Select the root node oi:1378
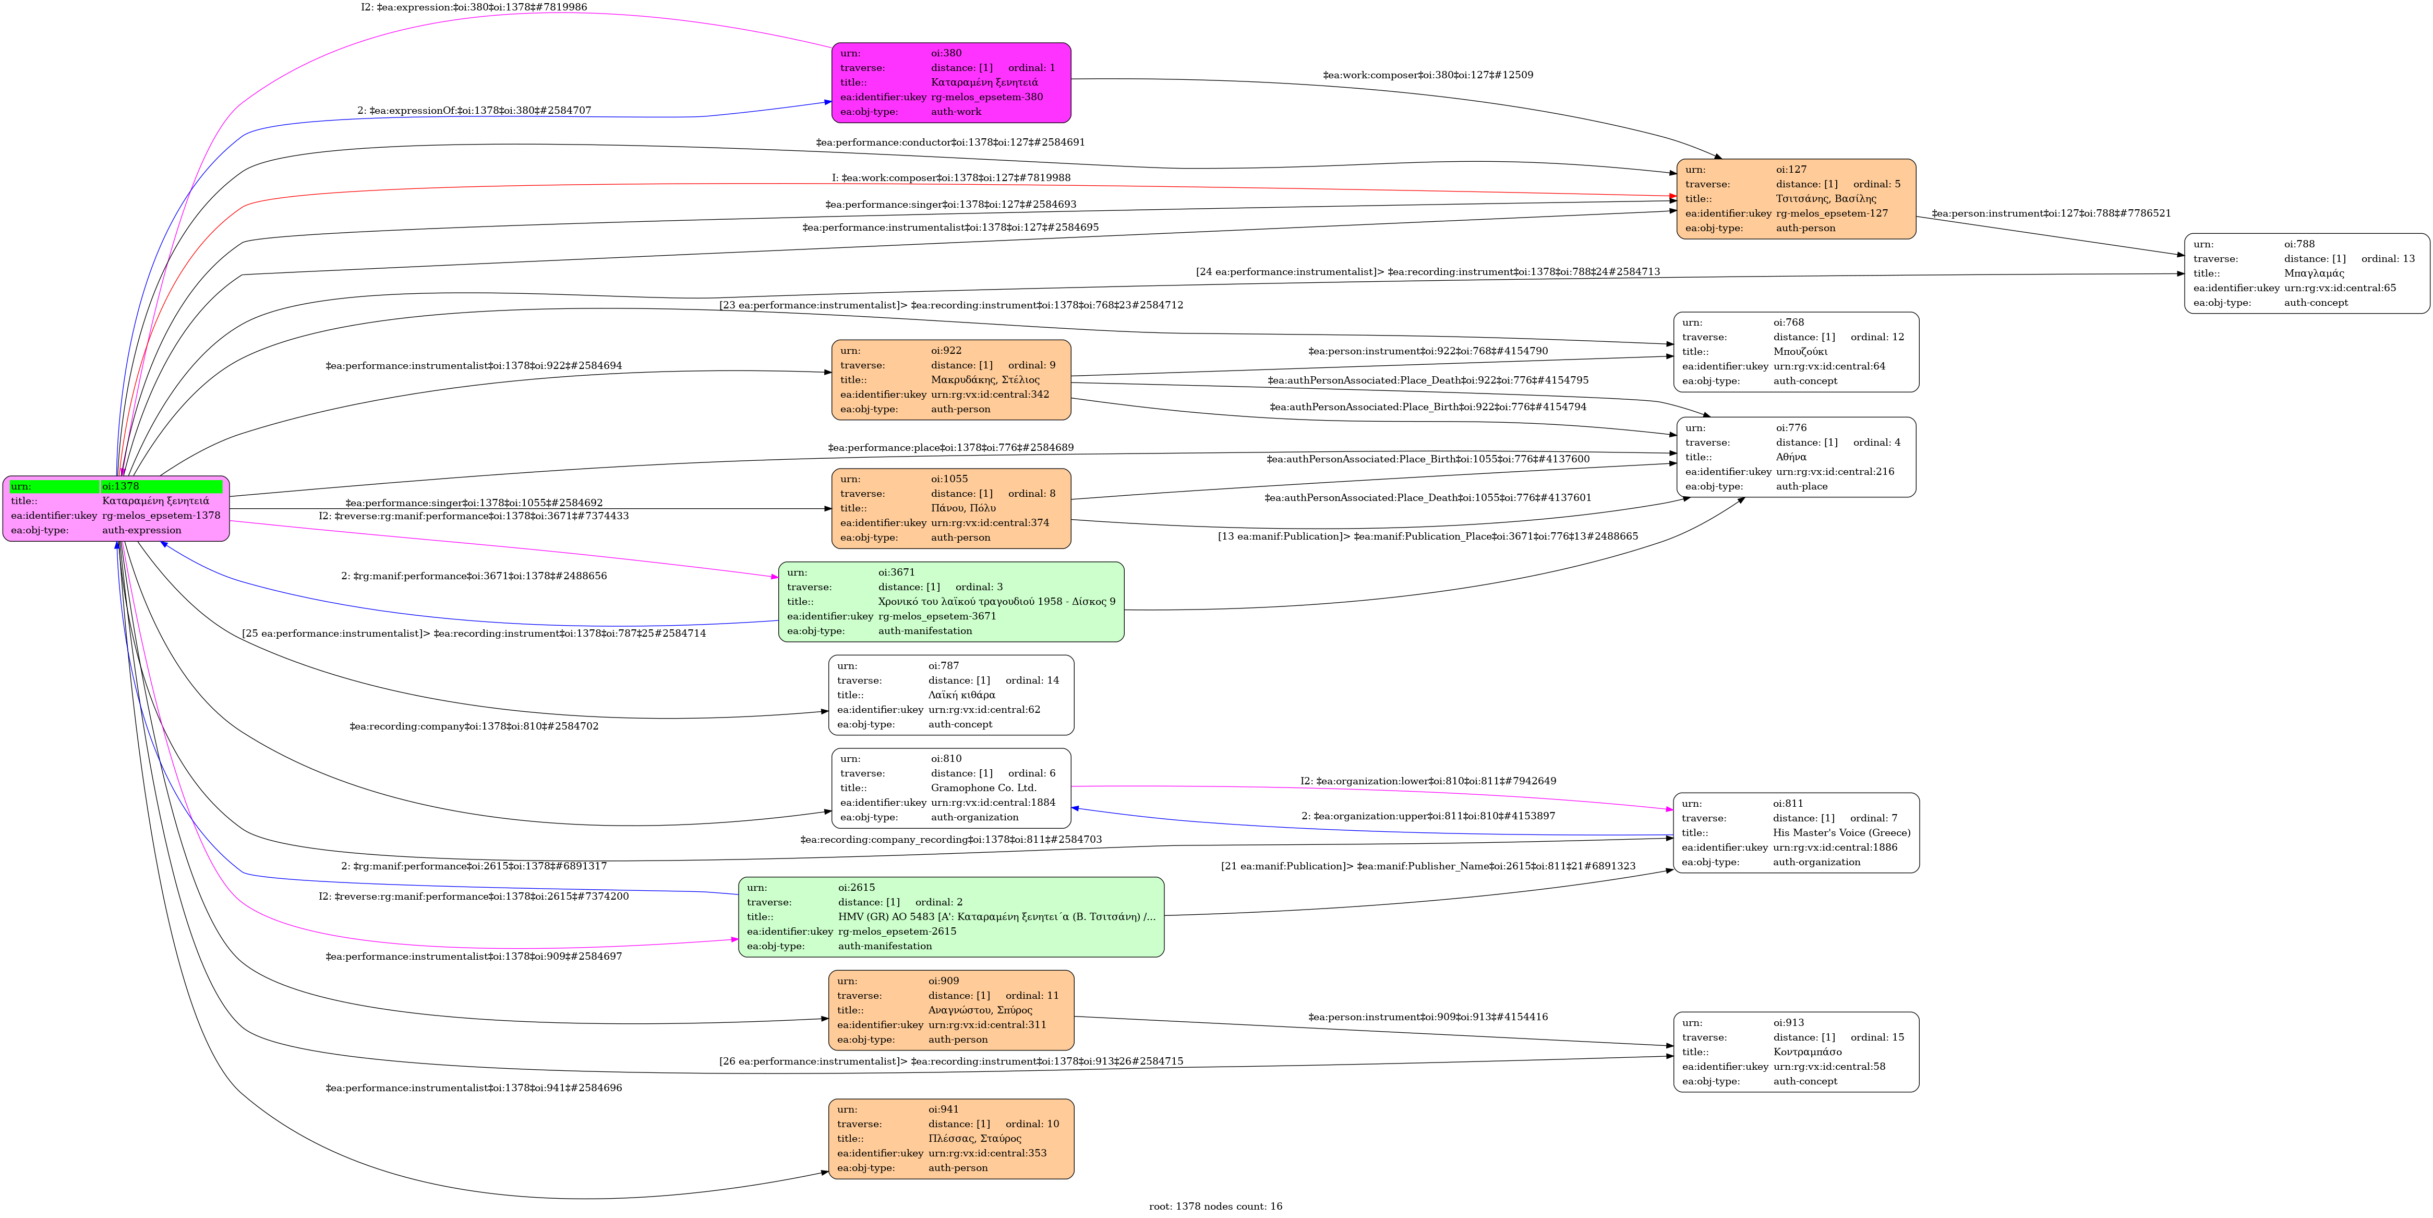pos(116,508)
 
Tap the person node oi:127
pos(1796,198)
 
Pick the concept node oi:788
pos(2306,273)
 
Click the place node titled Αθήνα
pos(1796,457)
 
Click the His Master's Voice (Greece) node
pos(1796,832)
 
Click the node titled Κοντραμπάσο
pos(1796,1052)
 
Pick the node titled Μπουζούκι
pos(1796,352)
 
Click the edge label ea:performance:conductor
pos(950,142)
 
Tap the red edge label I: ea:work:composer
pos(950,177)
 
